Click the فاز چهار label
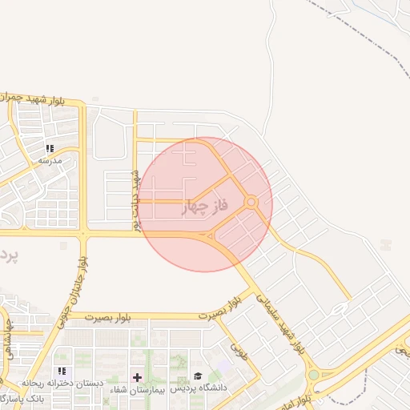coord(207,207)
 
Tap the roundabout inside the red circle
coord(251,203)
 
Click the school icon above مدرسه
coord(50,148)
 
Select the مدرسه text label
coord(50,160)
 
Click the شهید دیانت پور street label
coord(136,199)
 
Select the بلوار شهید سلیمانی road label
coord(281,324)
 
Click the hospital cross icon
coord(137,377)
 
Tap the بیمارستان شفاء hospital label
coord(137,388)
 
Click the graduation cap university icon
coord(198,376)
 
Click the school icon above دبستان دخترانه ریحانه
coord(62,372)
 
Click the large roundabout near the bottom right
coord(313,374)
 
